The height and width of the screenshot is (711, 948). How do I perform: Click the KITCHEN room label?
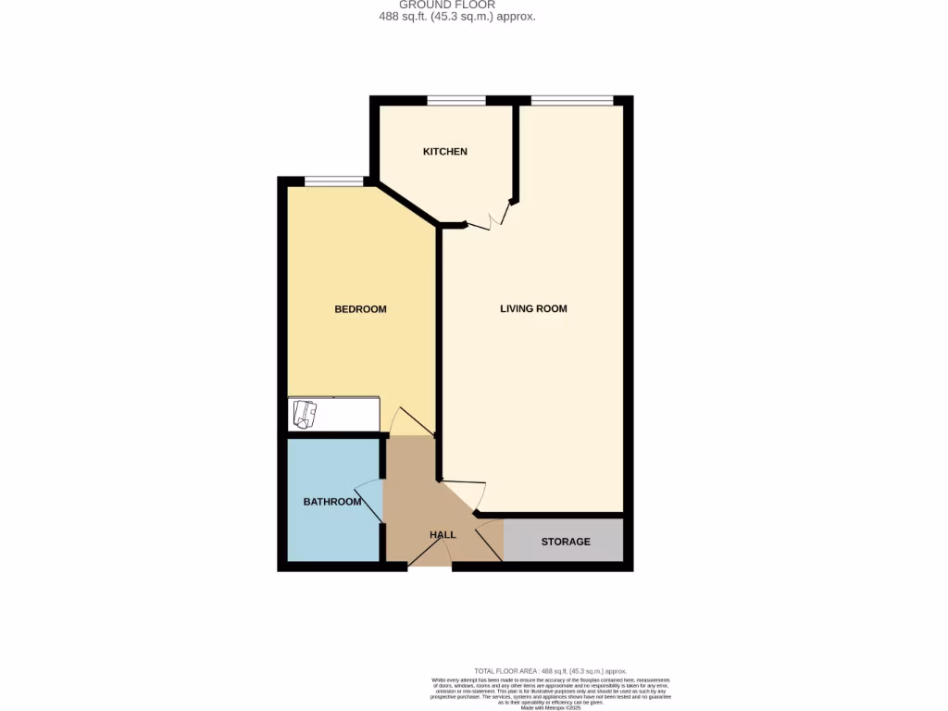click(x=445, y=151)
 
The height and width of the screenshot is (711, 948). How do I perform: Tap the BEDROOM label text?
click(x=360, y=309)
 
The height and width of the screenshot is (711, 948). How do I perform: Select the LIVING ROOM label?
click(x=533, y=308)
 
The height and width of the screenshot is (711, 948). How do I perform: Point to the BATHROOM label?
click(x=332, y=502)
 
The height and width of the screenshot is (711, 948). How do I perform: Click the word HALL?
click(x=443, y=535)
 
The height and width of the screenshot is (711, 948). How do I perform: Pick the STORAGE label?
click(x=566, y=542)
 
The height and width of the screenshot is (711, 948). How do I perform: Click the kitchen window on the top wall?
click(x=456, y=100)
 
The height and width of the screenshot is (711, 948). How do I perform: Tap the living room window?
click(x=571, y=100)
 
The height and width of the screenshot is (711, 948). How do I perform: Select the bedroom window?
click(x=334, y=181)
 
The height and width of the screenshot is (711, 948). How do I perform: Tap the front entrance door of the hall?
click(x=429, y=553)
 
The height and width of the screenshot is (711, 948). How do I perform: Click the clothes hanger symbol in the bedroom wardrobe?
click(x=305, y=413)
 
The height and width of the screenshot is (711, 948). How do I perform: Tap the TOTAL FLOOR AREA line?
click(x=550, y=670)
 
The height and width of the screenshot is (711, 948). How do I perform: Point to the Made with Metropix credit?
click(x=550, y=707)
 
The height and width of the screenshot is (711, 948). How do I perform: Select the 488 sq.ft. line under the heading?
click(x=457, y=17)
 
